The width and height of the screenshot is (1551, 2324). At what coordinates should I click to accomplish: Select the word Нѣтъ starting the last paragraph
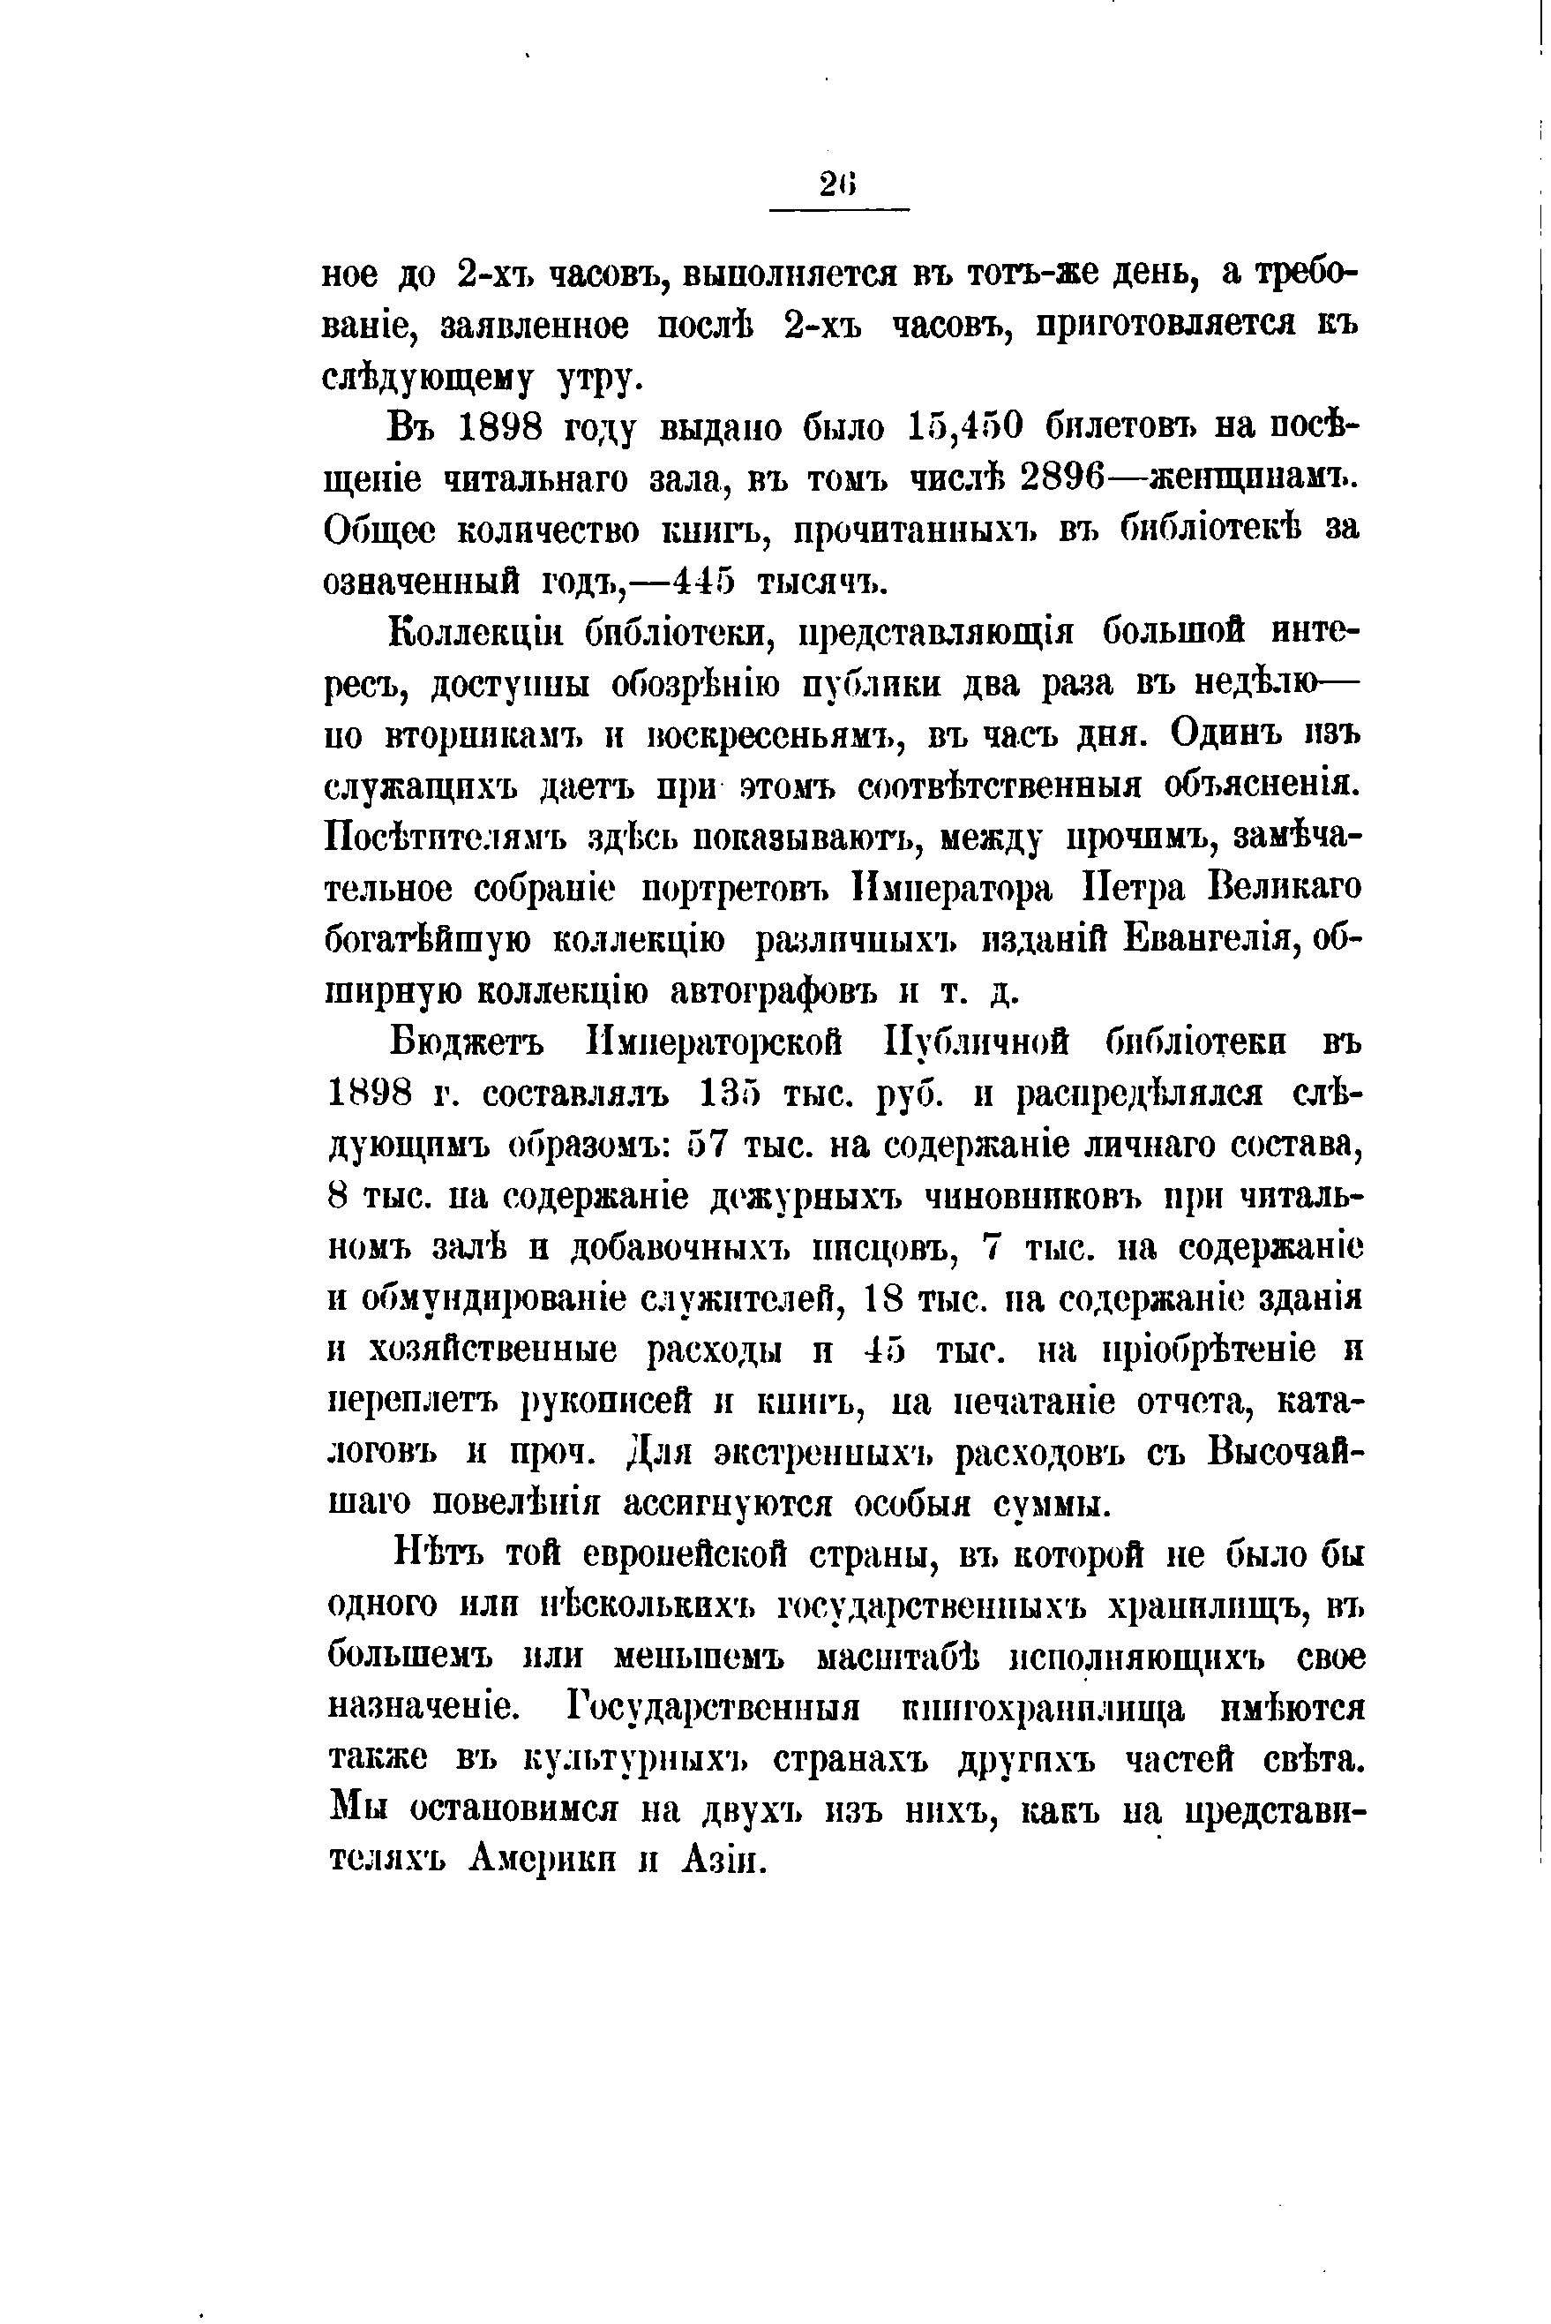click(x=435, y=1555)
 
